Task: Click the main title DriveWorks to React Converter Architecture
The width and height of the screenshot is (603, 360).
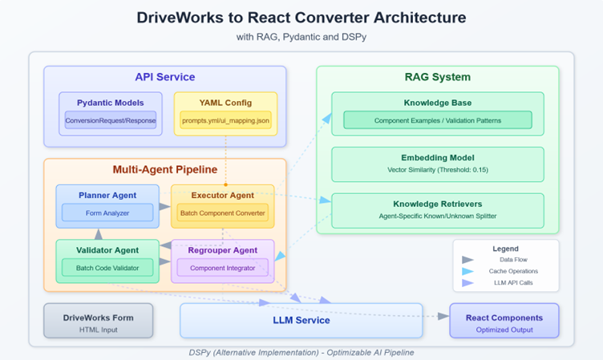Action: pyautogui.click(x=301, y=17)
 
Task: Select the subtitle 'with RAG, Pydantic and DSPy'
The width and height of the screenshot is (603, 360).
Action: pyautogui.click(x=301, y=37)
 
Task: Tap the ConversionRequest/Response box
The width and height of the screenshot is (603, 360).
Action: pyautogui.click(x=111, y=120)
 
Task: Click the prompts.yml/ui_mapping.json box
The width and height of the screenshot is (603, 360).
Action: pyautogui.click(x=225, y=120)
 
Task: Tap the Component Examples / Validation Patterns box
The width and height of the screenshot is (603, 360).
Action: pyautogui.click(x=437, y=120)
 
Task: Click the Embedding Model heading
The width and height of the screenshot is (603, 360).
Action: pyautogui.click(x=437, y=158)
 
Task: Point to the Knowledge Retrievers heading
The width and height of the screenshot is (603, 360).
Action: pyautogui.click(x=437, y=204)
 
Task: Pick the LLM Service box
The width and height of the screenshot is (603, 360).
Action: pyautogui.click(x=301, y=320)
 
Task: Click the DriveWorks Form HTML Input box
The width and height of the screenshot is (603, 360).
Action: pyautogui.click(x=98, y=322)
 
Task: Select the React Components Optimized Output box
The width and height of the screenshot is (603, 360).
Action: pyautogui.click(x=504, y=322)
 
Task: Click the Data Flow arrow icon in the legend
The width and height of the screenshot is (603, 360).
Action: pyautogui.click(x=468, y=260)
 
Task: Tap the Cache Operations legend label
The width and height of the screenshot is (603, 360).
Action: pyautogui.click(x=515, y=271)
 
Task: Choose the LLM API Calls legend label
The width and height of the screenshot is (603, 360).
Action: pyautogui.click(x=515, y=283)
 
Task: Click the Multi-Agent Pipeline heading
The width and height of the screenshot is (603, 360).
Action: pyautogui.click(x=164, y=170)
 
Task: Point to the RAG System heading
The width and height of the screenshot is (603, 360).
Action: pyautogui.click(x=437, y=77)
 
